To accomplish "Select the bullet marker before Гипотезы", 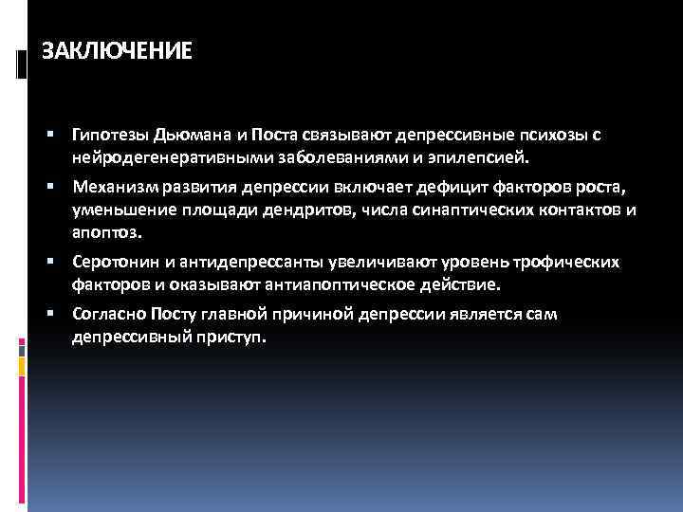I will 60,136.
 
